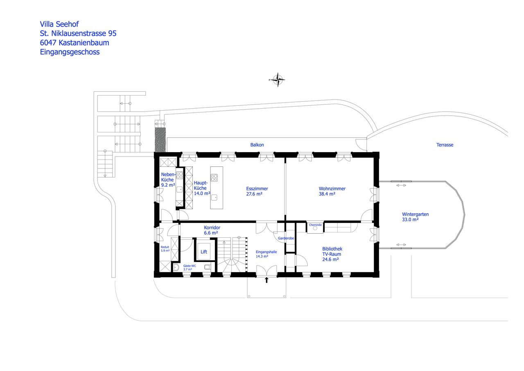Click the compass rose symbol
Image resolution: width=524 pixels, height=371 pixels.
click(x=278, y=80)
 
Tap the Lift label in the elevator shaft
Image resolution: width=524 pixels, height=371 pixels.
click(x=203, y=252)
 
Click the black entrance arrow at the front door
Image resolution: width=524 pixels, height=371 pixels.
click(x=267, y=280)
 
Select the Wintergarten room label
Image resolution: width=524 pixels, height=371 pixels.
click(x=415, y=214)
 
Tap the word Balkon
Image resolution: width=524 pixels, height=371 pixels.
click(x=257, y=145)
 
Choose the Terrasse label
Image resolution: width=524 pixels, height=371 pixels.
click(x=445, y=145)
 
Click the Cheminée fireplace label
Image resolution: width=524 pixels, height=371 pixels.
click(x=315, y=225)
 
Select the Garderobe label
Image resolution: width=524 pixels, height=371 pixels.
click(x=286, y=238)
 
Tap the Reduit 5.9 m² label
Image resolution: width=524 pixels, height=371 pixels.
click(x=165, y=248)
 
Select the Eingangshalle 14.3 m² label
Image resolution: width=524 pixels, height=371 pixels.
click(x=267, y=254)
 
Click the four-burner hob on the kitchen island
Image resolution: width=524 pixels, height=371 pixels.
click(x=214, y=178)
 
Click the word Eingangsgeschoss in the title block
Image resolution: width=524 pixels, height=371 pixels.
click(x=70, y=52)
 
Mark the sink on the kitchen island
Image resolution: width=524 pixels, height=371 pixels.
click(x=214, y=197)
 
